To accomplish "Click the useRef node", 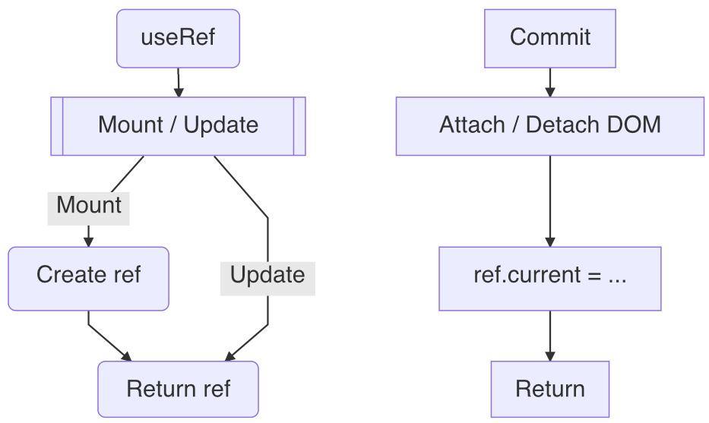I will tap(178, 38).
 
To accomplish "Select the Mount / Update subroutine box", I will tap(178, 126).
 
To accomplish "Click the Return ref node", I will tap(178, 389).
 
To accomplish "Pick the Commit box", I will tap(549, 38).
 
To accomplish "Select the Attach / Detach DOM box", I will tap(549, 126).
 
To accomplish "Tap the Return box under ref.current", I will tap(549, 389).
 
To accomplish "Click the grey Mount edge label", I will tap(88, 206).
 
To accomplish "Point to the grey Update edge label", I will tap(267, 276).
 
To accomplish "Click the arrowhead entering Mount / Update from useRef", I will tap(179, 92).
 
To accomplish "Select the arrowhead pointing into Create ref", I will tap(88, 242).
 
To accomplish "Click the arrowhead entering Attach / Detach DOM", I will tap(549, 92).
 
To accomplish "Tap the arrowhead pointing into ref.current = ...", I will tap(549, 242).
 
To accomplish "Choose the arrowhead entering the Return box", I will tap(549, 356).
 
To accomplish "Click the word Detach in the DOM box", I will tap(557, 126).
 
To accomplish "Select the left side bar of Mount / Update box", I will tap(57, 126).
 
